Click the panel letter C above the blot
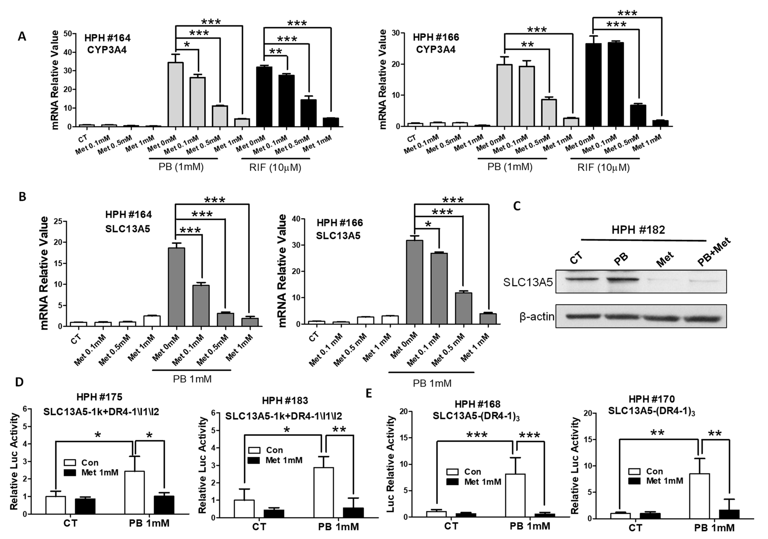[517, 206]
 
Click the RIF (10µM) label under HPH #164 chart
[275, 167]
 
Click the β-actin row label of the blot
[537, 316]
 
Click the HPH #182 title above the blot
[638, 230]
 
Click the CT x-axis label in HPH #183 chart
[259, 527]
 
